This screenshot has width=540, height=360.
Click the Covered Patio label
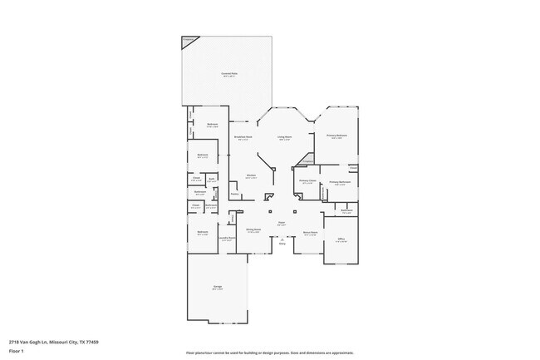(229, 75)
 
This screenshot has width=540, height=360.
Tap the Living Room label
(284, 137)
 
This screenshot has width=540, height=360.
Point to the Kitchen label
(251, 175)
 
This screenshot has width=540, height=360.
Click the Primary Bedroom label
(336, 136)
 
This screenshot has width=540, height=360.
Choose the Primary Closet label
(307, 180)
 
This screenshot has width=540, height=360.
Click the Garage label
(217, 288)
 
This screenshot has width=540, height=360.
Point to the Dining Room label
(253, 230)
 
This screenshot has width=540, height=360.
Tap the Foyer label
(282, 223)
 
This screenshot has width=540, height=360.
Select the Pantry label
(235, 195)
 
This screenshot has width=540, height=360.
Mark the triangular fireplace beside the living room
(307, 159)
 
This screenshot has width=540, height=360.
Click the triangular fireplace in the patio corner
(190, 40)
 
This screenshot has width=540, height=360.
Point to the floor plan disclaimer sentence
(269, 353)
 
